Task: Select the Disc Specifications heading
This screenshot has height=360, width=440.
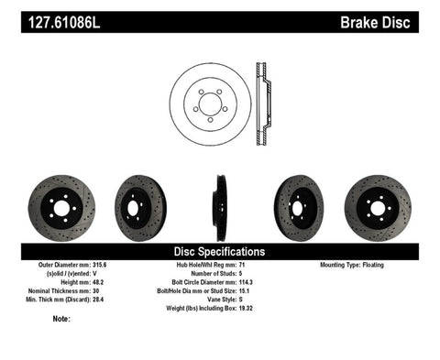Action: (x=219, y=250)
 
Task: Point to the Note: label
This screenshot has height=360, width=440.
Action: (x=62, y=319)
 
